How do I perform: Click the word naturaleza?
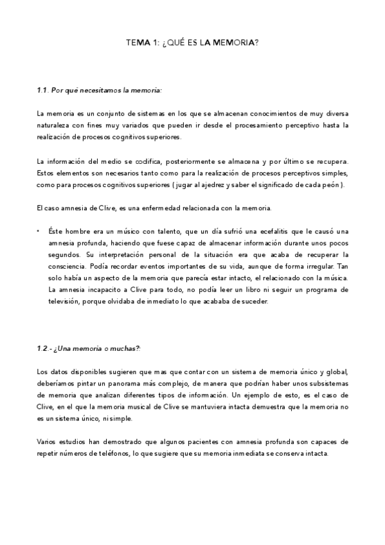click(x=52, y=125)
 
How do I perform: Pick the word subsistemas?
click(x=325, y=383)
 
